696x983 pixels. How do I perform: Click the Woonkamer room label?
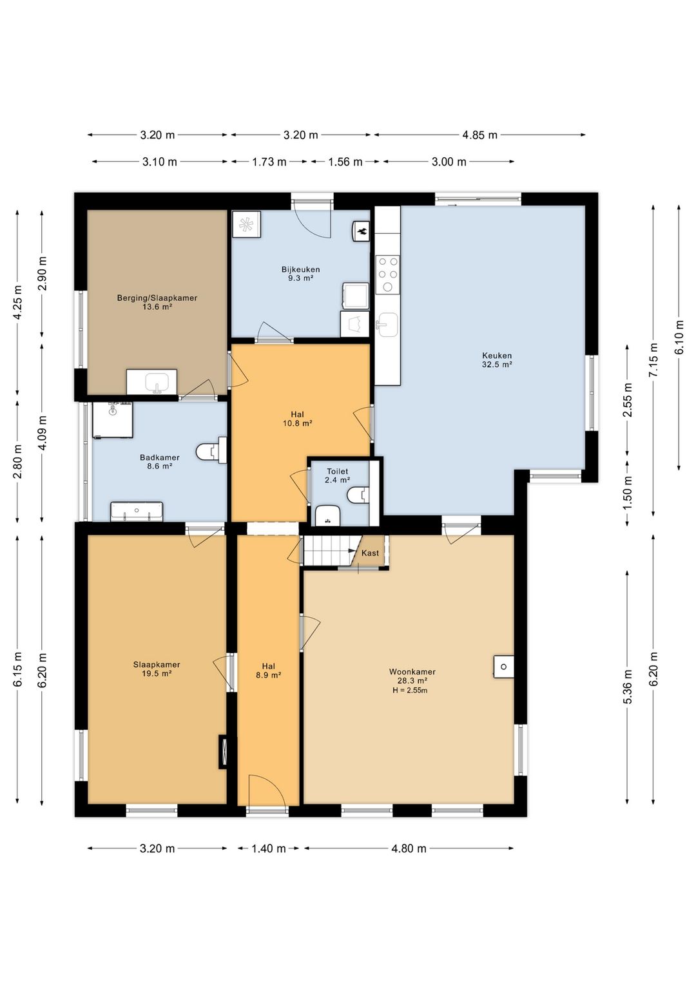tap(412, 671)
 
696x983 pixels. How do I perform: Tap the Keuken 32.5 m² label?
tap(497, 359)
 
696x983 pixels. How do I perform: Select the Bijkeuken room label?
tap(300, 269)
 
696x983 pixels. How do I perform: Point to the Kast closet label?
tap(370, 553)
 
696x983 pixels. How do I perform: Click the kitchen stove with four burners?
tap(388, 274)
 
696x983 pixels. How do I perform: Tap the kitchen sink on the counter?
tap(387, 325)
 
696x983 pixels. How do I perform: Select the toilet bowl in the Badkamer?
tap(211, 450)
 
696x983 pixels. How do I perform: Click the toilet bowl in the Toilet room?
tap(358, 495)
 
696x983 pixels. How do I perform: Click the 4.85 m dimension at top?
tap(479, 135)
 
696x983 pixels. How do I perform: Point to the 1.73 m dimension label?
tap(269, 162)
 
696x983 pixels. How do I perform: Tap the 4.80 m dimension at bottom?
tap(409, 848)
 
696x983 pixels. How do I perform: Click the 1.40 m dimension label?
tap(269, 848)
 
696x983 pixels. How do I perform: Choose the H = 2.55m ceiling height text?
tap(410, 691)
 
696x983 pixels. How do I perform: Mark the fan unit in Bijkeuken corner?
tap(246, 224)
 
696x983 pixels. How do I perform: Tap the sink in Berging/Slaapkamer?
tap(152, 382)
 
